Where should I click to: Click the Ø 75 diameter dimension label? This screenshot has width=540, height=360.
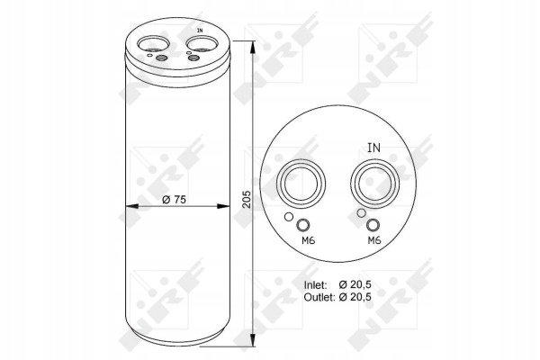174,200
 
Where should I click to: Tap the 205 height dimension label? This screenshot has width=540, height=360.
247,199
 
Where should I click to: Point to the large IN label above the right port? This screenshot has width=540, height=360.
374,148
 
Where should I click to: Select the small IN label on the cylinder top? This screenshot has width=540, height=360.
200,31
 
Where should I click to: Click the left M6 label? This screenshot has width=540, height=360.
308,240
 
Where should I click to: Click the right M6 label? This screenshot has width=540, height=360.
374,240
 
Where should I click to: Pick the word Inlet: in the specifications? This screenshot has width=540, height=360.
315,285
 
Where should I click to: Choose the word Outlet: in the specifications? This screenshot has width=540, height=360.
319,297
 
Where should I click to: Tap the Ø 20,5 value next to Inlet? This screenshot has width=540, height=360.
355,285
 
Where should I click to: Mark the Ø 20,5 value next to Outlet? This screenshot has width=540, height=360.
355,297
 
